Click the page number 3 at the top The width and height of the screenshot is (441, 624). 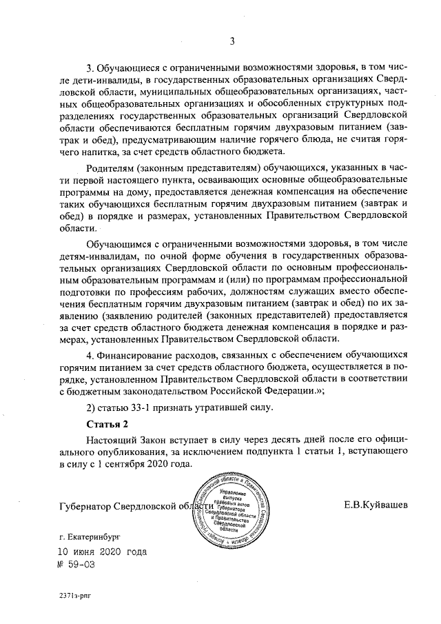pos(233,41)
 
